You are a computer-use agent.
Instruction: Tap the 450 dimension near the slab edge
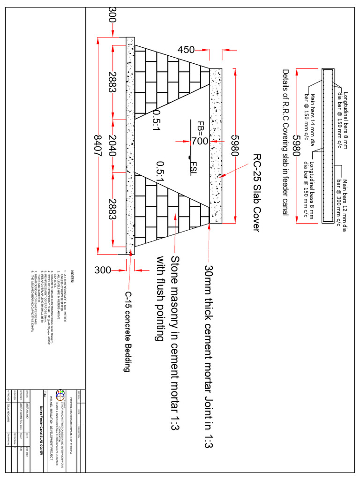pos(186,50)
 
